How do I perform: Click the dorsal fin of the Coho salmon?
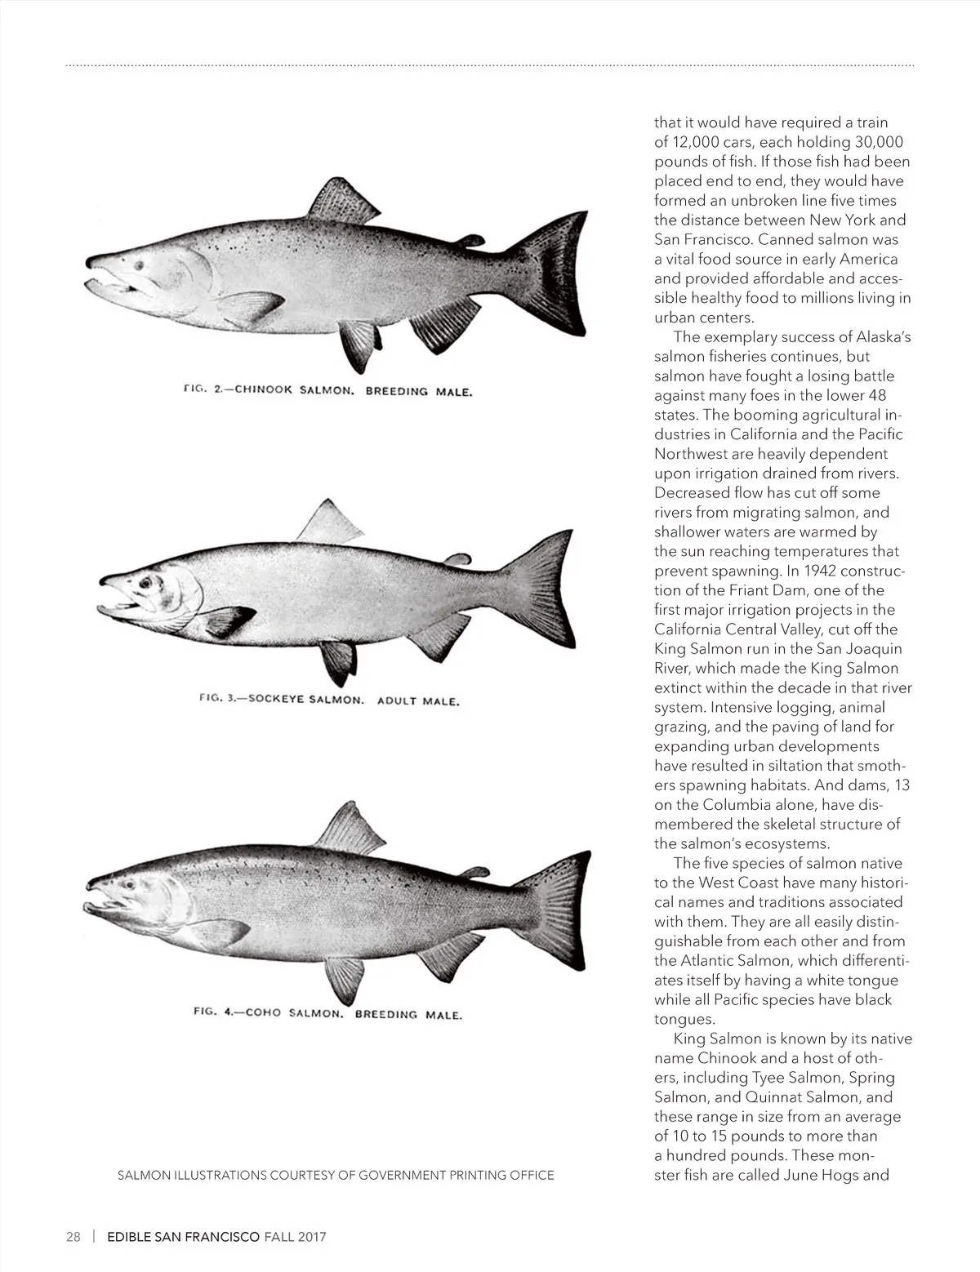pos(351,831)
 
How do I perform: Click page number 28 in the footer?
pos(73,1236)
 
